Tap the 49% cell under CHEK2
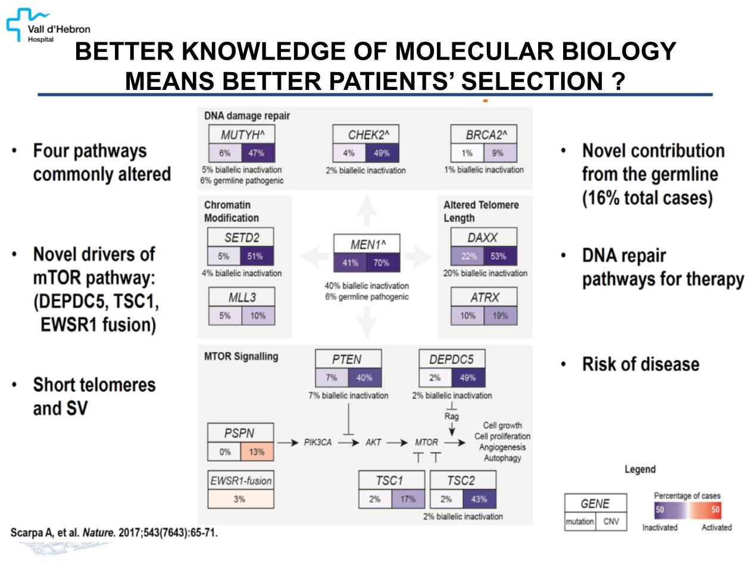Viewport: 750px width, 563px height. (x=382, y=153)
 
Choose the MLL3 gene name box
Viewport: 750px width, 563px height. (x=241, y=297)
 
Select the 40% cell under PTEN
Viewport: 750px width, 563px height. (x=364, y=377)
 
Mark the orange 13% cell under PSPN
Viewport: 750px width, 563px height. (x=257, y=452)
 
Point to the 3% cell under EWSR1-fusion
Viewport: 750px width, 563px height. (x=240, y=499)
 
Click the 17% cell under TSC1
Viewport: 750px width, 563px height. (x=408, y=499)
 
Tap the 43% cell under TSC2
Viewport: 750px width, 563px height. (x=479, y=499)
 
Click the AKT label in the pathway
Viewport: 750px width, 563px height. (x=374, y=443)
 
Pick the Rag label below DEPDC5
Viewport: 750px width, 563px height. (x=452, y=416)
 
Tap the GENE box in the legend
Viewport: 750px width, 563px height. (x=595, y=503)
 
